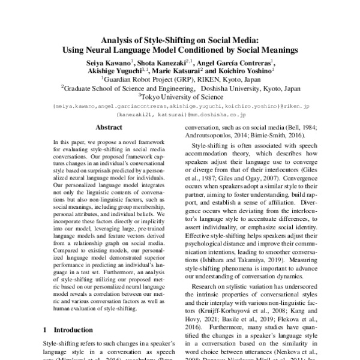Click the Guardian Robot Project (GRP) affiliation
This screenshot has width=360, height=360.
[149, 79]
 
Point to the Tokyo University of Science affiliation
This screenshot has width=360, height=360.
[182, 95]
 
